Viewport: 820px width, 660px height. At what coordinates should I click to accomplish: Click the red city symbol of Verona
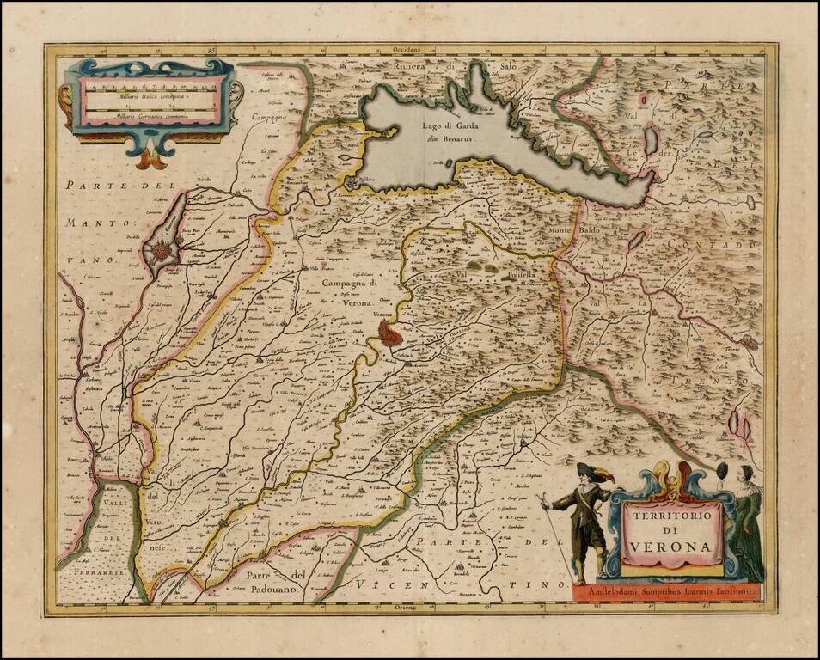[390, 333]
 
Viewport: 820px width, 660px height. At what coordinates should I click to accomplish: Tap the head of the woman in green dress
[745, 474]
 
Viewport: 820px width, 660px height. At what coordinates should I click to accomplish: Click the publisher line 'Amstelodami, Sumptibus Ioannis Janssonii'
[664, 591]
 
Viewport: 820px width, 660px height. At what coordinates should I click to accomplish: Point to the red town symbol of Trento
[750, 342]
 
